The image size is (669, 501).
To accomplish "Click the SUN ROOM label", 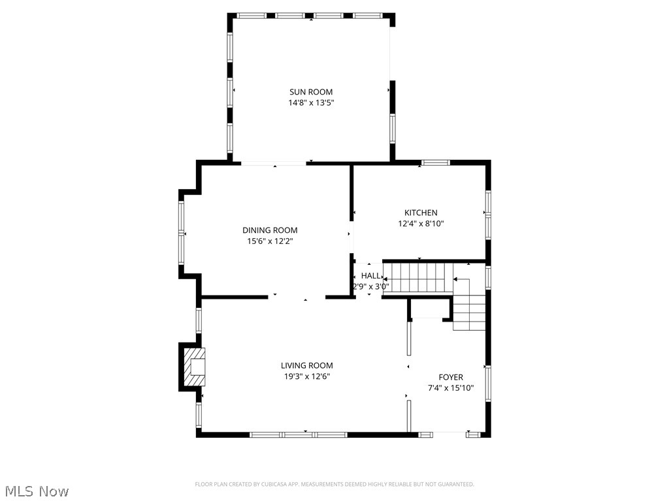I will pyautogui.click(x=311, y=92).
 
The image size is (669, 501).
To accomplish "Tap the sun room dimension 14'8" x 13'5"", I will pyautogui.click(x=311, y=102).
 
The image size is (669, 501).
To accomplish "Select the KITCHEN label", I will pyautogui.click(x=421, y=213).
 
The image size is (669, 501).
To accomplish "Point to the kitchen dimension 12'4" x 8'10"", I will pyautogui.click(x=421, y=223).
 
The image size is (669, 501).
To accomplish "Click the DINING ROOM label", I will pyautogui.click(x=270, y=230).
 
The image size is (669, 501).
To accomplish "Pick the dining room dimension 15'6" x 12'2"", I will pyautogui.click(x=270, y=241).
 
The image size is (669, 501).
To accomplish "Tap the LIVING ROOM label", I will pyautogui.click(x=306, y=366).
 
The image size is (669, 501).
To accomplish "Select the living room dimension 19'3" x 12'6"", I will pyautogui.click(x=306, y=376).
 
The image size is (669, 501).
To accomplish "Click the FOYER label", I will pyautogui.click(x=451, y=377).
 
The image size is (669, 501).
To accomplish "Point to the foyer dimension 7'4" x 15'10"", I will pyautogui.click(x=451, y=387).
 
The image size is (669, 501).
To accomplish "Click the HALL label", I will pyautogui.click(x=370, y=276).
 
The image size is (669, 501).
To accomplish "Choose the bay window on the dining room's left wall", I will pyautogui.click(x=182, y=233).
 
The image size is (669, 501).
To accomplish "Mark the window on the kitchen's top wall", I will pyautogui.click(x=434, y=162).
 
